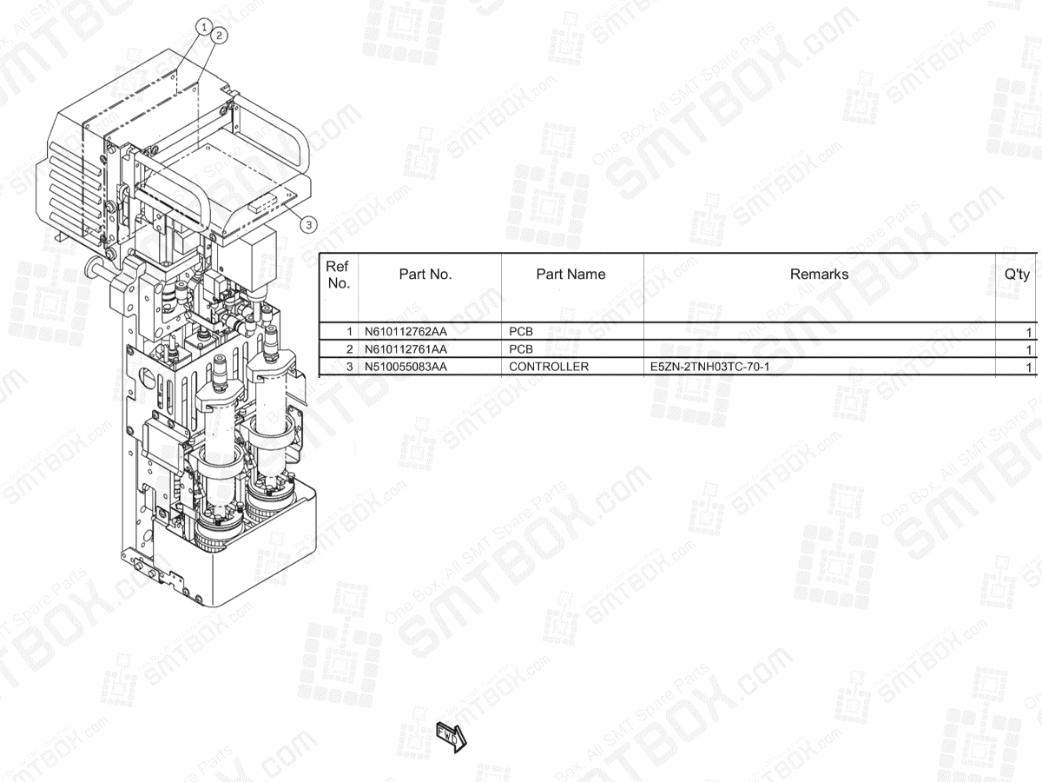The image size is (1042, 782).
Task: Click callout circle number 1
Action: click(x=205, y=27)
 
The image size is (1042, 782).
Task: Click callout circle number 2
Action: click(x=219, y=36)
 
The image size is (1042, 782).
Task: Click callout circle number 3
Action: click(x=309, y=224)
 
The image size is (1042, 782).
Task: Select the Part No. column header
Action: click(x=425, y=275)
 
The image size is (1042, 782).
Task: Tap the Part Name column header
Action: click(x=570, y=275)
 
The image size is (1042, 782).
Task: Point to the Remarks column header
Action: click(x=819, y=275)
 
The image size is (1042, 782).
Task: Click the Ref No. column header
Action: click(x=339, y=275)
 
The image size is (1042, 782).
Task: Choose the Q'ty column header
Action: click(x=1017, y=275)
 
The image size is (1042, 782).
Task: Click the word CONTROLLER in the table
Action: click(x=549, y=367)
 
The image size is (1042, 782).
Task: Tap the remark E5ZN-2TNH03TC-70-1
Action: click(x=709, y=367)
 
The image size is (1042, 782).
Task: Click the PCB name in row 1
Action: click(x=521, y=332)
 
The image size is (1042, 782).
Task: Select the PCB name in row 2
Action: click(x=521, y=349)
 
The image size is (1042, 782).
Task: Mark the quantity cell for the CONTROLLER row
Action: click(x=1029, y=367)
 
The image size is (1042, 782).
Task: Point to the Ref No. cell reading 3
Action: click(x=350, y=367)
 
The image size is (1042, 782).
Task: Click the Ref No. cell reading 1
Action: click(x=350, y=332)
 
